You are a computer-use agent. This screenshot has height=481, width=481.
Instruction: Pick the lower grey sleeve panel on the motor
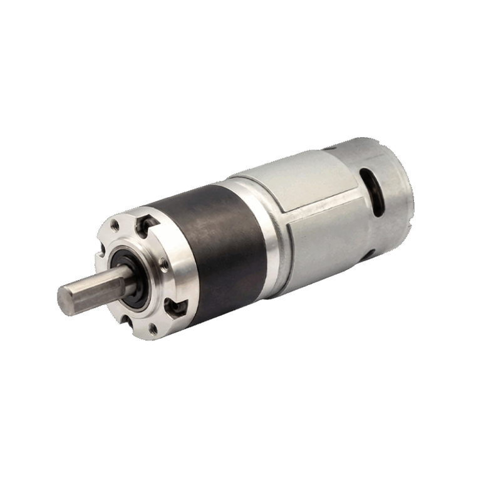326,244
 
